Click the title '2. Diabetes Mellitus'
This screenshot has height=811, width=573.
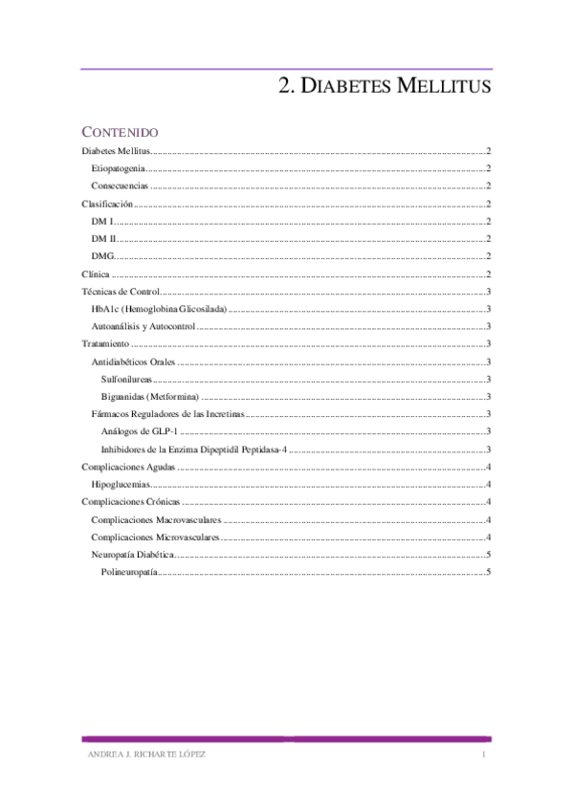(385, 87)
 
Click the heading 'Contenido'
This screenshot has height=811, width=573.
(120, 131)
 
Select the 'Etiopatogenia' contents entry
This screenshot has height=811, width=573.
(119, 168)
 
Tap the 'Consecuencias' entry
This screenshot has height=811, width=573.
(120, 186)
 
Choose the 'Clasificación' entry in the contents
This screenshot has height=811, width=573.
(106, 204)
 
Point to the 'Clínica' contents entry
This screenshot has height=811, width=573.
(96, 274)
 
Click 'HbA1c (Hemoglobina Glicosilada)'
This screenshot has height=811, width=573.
(159, 309)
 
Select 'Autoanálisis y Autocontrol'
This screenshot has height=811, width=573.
(143, 326)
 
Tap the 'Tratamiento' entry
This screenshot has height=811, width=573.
(105, 344)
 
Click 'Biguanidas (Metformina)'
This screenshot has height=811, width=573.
(149, 397)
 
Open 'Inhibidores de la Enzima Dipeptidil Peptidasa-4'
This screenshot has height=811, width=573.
(194, 449)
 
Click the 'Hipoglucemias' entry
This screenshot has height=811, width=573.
(121, 485)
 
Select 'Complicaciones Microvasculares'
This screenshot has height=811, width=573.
(155, 537)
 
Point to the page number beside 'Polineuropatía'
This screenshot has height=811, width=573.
(488, 572)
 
